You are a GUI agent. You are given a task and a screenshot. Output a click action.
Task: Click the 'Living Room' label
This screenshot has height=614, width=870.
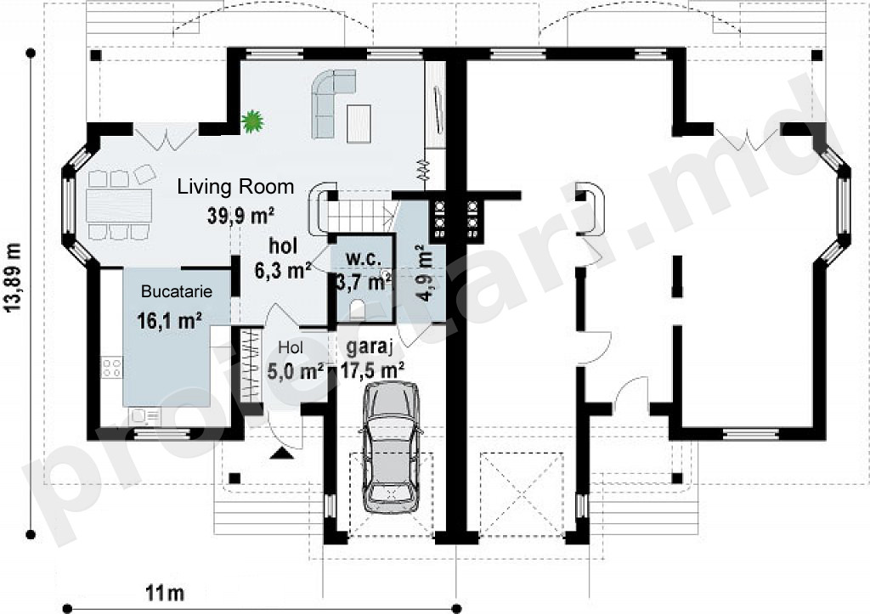(x=235, y=187)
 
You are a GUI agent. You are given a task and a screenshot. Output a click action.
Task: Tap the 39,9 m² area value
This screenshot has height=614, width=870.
(x=242, y=215)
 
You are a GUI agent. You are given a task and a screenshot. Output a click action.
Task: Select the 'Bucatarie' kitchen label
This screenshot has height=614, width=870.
(x=177, y=291)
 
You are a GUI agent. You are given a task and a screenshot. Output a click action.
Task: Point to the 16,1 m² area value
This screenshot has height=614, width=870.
(x=169, y=320)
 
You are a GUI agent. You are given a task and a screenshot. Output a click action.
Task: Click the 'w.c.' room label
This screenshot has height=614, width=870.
(x=364, y=258)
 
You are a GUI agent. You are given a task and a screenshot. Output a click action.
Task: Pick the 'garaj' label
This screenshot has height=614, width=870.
(x=370, y=348)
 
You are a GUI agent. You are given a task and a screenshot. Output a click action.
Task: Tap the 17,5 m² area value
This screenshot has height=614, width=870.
(x=372, y=369)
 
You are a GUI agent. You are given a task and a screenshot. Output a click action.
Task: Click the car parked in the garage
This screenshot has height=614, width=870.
(x=391, y=447)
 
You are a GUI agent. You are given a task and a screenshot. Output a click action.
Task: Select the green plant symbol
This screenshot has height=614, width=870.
(x=251, y=121)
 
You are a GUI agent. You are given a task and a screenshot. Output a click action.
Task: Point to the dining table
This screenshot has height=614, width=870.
(x=119, y=206)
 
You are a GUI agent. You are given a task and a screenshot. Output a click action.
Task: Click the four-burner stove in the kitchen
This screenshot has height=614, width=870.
(x=111, y=368)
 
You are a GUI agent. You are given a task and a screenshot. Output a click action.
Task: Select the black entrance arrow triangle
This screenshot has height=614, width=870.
(x=282, y=454)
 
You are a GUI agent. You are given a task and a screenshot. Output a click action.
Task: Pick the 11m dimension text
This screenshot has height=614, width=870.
(x=165, y=594)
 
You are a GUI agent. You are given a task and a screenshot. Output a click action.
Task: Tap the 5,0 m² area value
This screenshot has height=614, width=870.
(x=296, y=370)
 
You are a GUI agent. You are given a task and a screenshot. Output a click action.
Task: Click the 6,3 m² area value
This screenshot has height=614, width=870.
(x=282, y=271)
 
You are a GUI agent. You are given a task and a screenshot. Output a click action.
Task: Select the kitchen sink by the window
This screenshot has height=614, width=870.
(x=144, y=416)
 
